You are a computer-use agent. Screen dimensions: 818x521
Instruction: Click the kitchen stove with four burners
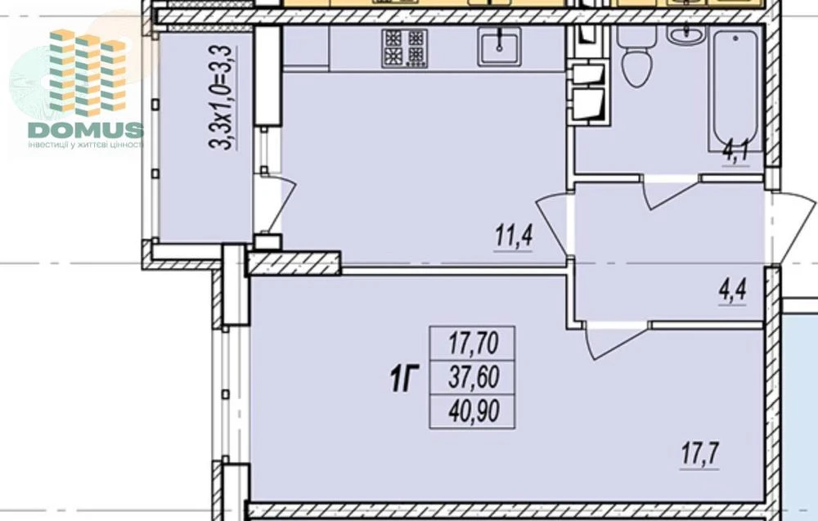point(404,48)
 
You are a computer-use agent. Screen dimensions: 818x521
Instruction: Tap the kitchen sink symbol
point(499,47)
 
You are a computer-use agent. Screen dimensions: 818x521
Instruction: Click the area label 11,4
point(514,237)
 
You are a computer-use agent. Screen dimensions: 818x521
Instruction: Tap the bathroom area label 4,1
point(735,153)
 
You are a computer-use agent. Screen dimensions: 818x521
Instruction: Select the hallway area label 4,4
point(732,291)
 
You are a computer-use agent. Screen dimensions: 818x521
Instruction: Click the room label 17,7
point(699,455)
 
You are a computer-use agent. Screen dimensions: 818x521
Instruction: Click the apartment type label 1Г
point(405,379)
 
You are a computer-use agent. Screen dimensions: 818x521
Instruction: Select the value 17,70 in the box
point(474,344)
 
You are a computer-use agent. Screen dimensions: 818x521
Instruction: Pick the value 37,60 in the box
point(474,377)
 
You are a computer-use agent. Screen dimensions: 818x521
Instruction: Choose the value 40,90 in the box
point(474,411)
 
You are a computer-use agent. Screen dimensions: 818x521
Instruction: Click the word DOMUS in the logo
point(86,130)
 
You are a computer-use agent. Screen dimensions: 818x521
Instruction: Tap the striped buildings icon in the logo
point(88,73)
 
